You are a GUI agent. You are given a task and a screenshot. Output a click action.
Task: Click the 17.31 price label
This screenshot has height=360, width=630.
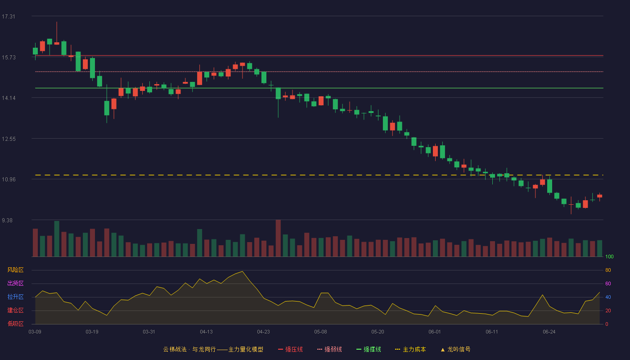[x=9, y=17]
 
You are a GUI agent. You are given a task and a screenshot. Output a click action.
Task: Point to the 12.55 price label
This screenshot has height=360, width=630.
[x=9, y=139]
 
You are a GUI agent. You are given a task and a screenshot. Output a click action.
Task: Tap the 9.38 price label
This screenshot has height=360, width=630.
[x=7, y=220]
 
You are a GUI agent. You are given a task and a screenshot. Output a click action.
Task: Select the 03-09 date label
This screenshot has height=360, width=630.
[x=35, y=332]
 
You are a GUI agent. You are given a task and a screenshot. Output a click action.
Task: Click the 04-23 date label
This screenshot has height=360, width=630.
[x=263, y=332]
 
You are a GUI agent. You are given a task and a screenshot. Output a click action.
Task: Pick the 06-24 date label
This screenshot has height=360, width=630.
[x=549, y=332]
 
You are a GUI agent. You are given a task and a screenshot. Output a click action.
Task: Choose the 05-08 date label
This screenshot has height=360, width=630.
[x=320, y=332]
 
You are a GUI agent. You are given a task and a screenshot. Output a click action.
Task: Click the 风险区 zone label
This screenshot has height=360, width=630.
[x=15, y=270]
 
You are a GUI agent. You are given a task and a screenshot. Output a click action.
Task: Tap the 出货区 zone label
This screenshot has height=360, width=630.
[x=15, y=283]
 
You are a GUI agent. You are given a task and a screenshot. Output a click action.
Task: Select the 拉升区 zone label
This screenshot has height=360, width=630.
[x=15, y=297]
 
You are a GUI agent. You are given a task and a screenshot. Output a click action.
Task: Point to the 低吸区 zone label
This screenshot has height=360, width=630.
[x=15, y=324]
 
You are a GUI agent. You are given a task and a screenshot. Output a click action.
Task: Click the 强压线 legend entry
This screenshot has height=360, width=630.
[x=290, y=349]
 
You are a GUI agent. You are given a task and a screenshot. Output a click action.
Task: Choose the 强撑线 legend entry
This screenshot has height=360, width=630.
[x=369, y=349]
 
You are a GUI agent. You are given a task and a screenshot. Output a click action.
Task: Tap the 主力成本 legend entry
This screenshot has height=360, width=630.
[x=410, y=349]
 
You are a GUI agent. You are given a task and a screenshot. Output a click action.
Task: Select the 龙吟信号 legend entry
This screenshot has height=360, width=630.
[x=455, y=349]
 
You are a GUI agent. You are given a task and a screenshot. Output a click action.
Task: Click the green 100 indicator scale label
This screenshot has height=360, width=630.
[x=609, y=256]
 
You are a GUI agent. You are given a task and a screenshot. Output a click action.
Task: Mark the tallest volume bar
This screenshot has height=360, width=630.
[x=278, y=238]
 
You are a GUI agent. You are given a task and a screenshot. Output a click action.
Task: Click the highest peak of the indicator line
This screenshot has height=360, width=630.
[x=243, y=271]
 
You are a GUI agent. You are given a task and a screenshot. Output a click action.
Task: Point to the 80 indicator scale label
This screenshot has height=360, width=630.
[x=608, y=270]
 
